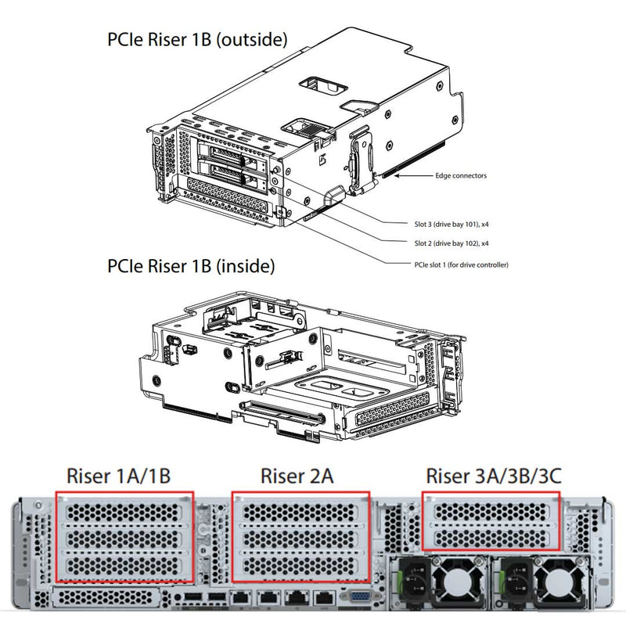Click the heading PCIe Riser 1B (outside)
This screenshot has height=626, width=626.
click(197, 39)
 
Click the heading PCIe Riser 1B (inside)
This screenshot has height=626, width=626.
click(191, 266)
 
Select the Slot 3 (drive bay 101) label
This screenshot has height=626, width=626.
click(452, 224)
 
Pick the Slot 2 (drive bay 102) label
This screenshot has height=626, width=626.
click(452, 243)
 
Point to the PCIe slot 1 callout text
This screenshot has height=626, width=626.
click(461, 265)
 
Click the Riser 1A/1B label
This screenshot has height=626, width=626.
click(119, 476)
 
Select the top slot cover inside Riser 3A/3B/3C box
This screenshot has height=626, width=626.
click(491, 513)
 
